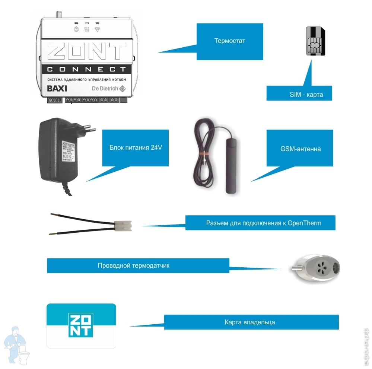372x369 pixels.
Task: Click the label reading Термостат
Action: (229, 41)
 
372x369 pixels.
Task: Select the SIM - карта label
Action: (306, 95)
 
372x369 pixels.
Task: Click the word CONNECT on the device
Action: (86, 69)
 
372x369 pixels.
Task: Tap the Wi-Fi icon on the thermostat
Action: (98, 29)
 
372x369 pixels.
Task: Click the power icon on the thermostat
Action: (76, 29)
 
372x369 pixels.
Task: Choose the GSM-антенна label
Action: (300, 149)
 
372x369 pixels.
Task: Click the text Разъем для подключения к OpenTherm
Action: (263, 223)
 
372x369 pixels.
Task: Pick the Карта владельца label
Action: (249, 322)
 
